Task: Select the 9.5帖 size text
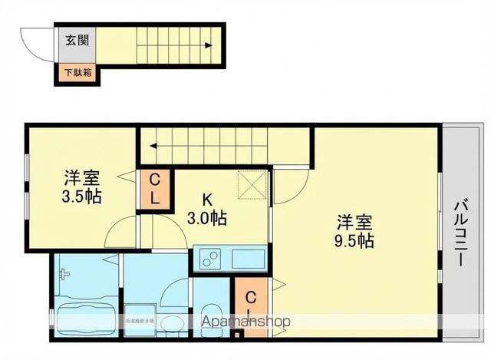[x=354, y=240]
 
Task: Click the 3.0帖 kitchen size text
[x=206, y=219]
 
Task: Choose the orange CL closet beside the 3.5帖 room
[x=154, y=189]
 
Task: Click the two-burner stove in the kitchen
[x=209, y=259]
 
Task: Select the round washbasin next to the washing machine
[x=175, y=323]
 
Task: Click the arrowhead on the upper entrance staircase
[x=209, y=45]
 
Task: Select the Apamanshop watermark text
[x=245, y=322]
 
